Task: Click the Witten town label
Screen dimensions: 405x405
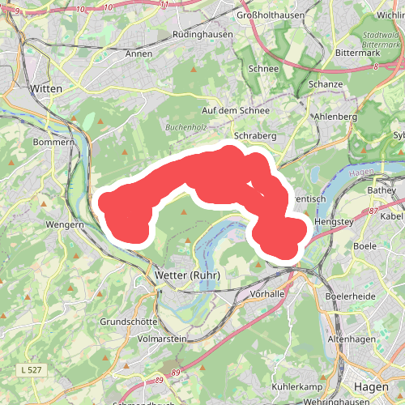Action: (45, 87)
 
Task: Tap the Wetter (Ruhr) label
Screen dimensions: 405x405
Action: (187, 276)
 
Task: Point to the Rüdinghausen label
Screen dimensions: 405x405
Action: (202, 35)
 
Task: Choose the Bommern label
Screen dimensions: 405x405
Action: (53, 142)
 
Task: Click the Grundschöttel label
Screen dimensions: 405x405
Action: (129, 322)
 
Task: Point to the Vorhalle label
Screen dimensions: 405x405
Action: (268, 293)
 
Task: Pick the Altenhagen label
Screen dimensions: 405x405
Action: (350, 339)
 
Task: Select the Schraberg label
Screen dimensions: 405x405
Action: (255, 136)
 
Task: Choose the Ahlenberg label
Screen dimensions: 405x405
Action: (335, 117)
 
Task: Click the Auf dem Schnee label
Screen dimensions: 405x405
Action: (235, 109)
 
